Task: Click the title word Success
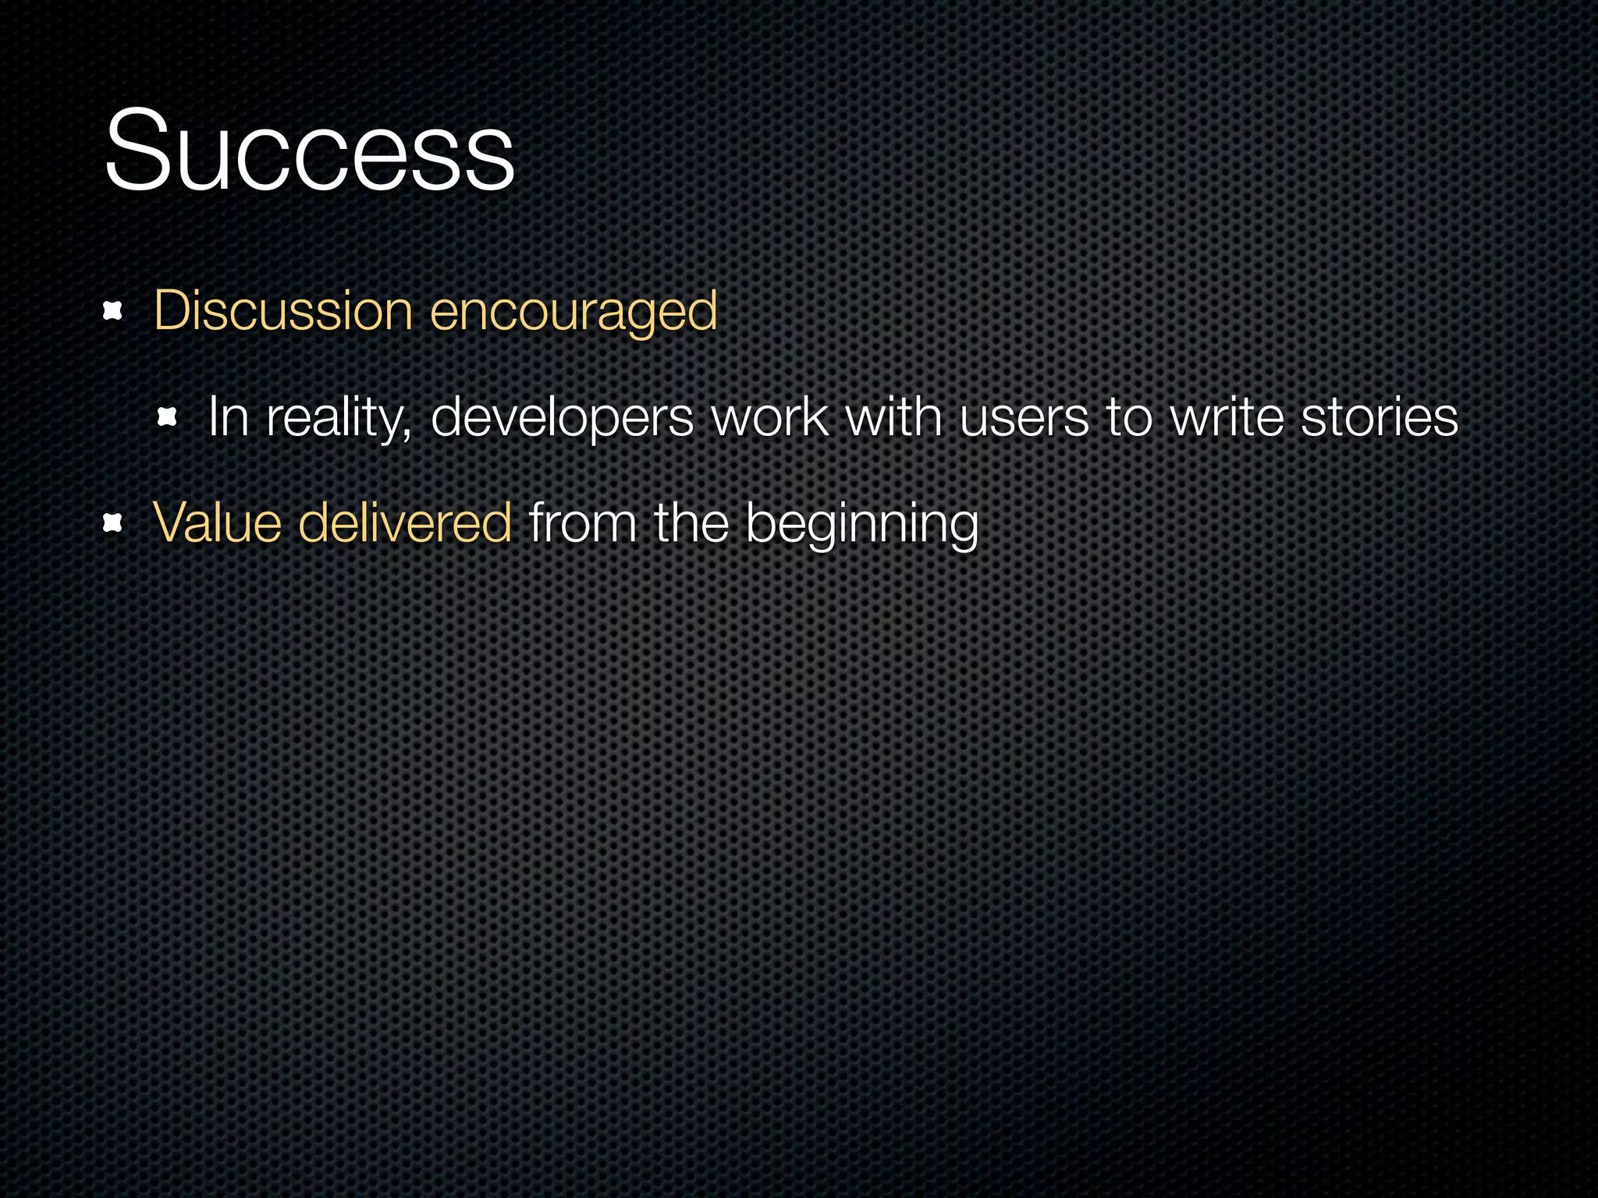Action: click(x=309, y=150)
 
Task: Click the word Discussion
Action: click(x=282, y=310)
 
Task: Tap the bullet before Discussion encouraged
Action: click(x=113, y=312)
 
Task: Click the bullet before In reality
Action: click(x=168, y=417)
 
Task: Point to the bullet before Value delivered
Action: click(x=113, y=523)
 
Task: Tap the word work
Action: click(x=769, y=417)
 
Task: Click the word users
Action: click(x=1024, y=417)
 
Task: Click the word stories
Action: click(x=1379, y=417)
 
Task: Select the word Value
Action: click(x=217, y=523)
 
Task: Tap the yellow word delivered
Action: click(x=405, y=523)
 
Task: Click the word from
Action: click(x=582, y=523)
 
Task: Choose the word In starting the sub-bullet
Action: click(x=228, y=417)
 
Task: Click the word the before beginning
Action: click(x=691, y=523)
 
